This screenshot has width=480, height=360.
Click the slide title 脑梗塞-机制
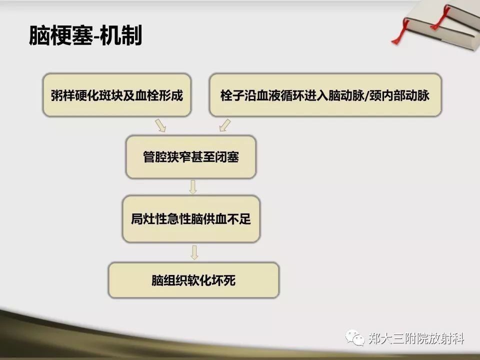tap(85, 35)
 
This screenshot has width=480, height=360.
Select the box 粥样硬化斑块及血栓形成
tap(117, 95)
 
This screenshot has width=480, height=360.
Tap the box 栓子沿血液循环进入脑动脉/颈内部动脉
tap(325, 95)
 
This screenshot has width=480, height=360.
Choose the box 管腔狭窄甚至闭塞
tap(191, 156)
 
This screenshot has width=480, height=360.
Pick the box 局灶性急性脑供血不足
tap(191, 219)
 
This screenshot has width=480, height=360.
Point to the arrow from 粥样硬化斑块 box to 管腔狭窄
tap(160, 125)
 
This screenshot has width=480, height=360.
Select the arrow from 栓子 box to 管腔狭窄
tap(224, 125)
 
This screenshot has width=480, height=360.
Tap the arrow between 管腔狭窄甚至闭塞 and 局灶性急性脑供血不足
tap(193, 187)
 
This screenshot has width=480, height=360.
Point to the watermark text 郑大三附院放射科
tap(416, 339)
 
